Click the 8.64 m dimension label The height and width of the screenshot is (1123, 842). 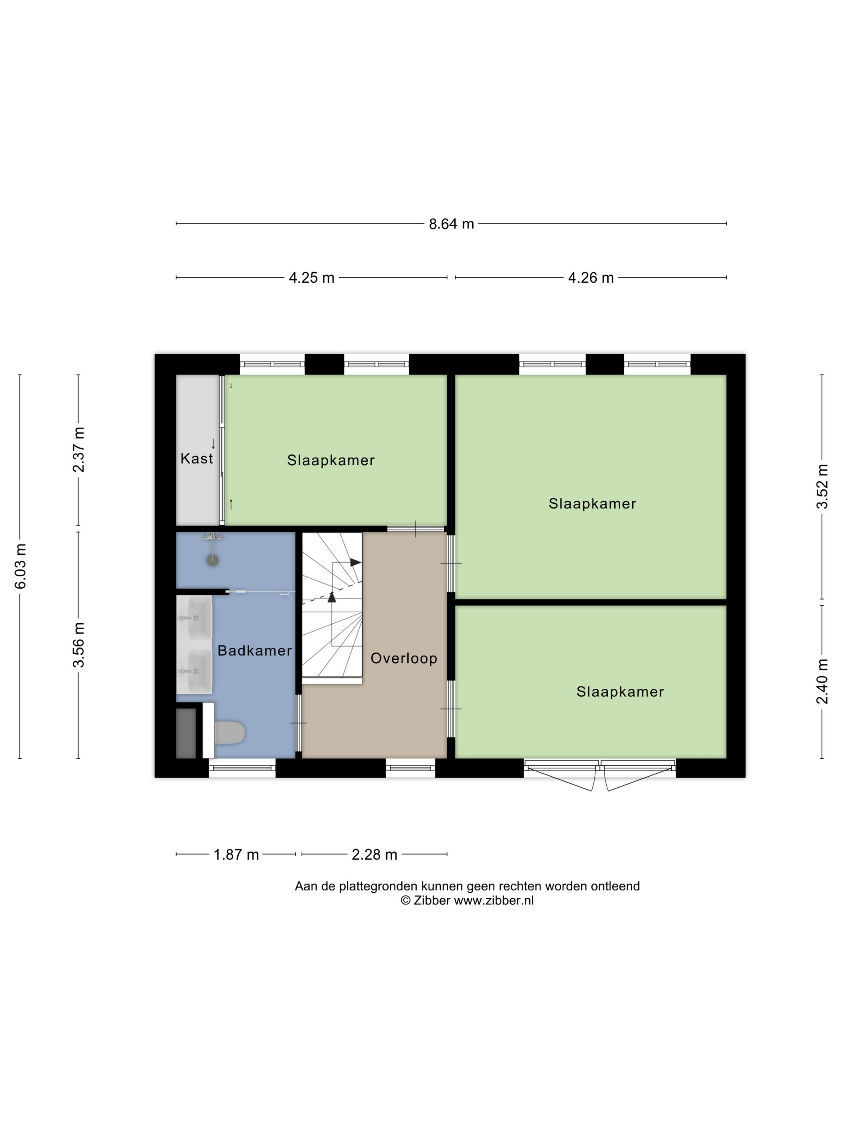[x=451, y=224]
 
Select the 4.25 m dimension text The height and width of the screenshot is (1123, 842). [x=312, y=278]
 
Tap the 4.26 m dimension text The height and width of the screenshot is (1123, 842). [x=591, y=278]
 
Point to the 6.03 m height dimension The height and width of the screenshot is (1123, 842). [x=20, y=566]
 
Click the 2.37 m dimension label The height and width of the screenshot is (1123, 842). [x=79, y=450]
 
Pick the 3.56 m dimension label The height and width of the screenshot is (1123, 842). [x=79, y=645]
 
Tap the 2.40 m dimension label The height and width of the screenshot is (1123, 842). [x=822, y=681]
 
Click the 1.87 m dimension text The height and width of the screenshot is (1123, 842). [x=236, y=855]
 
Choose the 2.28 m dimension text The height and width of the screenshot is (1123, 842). [x=374, y=855]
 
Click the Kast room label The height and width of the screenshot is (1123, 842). [x=197, y=458]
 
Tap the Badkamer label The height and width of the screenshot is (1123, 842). [x=255, y=651]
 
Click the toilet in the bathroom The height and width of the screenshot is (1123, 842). [x=229, y=733]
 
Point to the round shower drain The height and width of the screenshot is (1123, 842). [x=213, y=560]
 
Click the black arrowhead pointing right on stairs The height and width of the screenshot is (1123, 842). [x=356, y=563]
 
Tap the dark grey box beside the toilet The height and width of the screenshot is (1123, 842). [x=186, y=734]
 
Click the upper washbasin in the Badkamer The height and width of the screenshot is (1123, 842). [x=195, y=618]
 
